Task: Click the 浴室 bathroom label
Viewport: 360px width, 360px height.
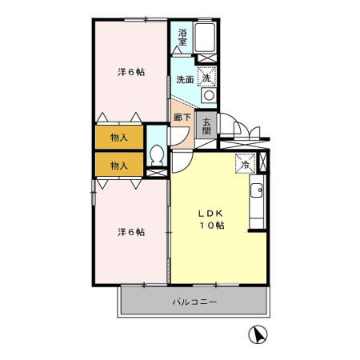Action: [x=182, y=37]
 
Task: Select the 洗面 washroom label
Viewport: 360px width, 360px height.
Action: [x=184, y=80]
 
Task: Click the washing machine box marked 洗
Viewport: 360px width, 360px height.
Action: [x=207, y=78]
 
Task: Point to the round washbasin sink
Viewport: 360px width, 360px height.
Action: [x=208, y=95]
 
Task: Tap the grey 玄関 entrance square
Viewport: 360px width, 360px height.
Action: [x=206, y=125]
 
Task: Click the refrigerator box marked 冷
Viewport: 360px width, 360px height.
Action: [x=243, y=163]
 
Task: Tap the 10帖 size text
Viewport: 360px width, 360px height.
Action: [x=212, y=226]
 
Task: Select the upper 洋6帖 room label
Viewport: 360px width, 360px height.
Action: [x=131, y=72]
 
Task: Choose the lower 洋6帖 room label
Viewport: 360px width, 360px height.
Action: [x=131, y=232]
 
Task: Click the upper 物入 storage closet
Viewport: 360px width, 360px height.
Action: [x=118, y=138]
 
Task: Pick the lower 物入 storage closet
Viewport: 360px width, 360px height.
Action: [x=118, y=165]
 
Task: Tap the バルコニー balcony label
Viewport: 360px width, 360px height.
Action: [x=194, y=302]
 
